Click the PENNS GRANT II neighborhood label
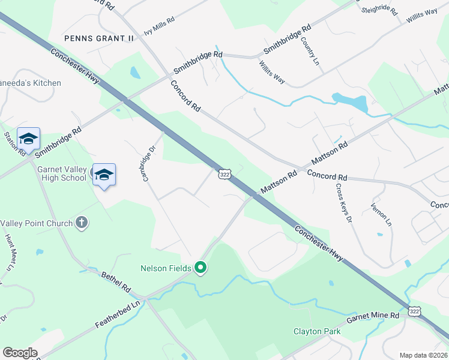tap(100, 38)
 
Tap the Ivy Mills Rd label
tap(159, 27)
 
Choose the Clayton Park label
tap(317, 331)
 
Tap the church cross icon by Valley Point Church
tap(82, 223)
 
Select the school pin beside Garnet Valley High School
tap(104, 175)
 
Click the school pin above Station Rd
tap(28, 139)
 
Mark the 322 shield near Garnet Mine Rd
tap(414, 311)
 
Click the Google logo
tap(20, 353)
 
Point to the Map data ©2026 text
tap(424, 355)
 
